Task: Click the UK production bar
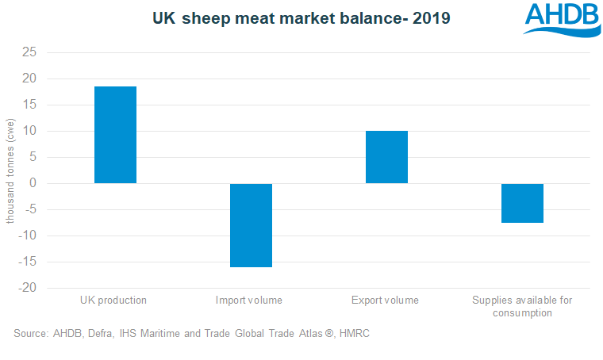coord(115,135)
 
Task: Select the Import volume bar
coord(251,225)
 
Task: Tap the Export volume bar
coord(386,157)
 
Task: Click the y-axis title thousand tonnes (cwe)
coord(10,170)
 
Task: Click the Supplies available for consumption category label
coord(521,306)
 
